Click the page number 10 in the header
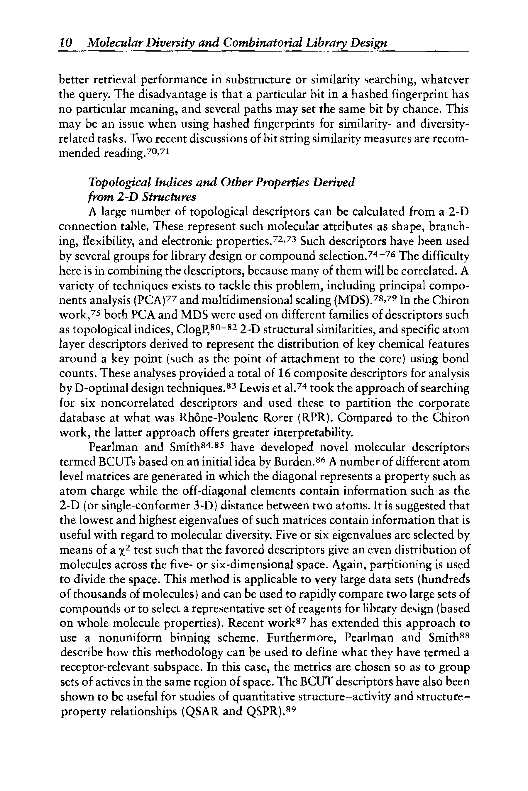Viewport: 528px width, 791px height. coord(65,43)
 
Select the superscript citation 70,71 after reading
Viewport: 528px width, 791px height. coord(160,151)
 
